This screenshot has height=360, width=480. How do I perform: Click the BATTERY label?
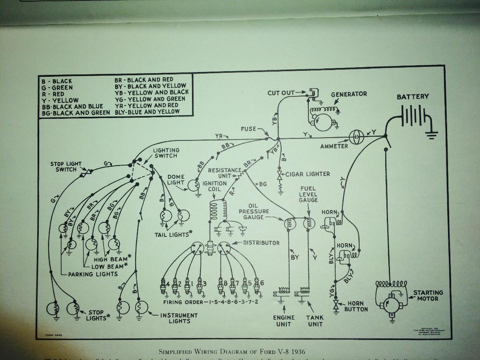click(x=412, y=97)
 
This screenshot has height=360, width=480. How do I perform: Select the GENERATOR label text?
click(x=349, y=94)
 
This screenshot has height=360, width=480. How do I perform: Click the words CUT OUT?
click(x=281, y=93)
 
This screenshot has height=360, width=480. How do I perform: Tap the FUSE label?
click(x=248, y=129)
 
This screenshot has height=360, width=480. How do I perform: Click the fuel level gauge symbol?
click(x=309, y=224)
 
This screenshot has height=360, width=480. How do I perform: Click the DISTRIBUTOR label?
click(x=261, y=243)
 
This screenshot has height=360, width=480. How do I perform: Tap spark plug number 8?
click(x=220, y=286)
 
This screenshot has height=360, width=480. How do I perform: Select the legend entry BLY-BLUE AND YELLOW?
click(x=147, y=112)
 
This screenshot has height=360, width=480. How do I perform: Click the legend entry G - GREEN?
click(x=57, y=88)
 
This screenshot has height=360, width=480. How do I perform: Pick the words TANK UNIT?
click(x=315, y=320)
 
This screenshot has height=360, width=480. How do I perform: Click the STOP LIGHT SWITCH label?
click(x=66, y=166)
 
